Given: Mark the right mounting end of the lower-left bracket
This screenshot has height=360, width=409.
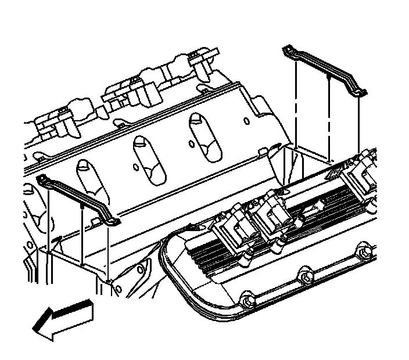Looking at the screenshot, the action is tap(114, 221).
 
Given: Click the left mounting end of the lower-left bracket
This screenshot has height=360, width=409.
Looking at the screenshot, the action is tap(42, 179).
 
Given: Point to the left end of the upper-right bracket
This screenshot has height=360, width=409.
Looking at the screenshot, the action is tap(288, 50).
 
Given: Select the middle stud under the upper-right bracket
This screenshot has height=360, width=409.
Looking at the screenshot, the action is tap(329, 116).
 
